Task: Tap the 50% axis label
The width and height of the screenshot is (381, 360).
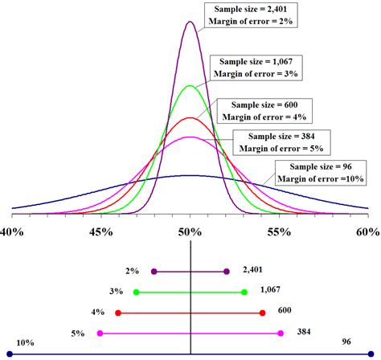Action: [x=190, y=231]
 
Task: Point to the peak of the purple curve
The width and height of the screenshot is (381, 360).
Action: [x=190, y=22]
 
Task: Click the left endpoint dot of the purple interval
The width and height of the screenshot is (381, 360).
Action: [x=154, y=271]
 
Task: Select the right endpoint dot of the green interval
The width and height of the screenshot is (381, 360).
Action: [x=244, y=292]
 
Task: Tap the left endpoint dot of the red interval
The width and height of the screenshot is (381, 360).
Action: [x=117, y=312]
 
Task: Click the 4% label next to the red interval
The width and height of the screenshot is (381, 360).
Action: [x=97, y=312]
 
